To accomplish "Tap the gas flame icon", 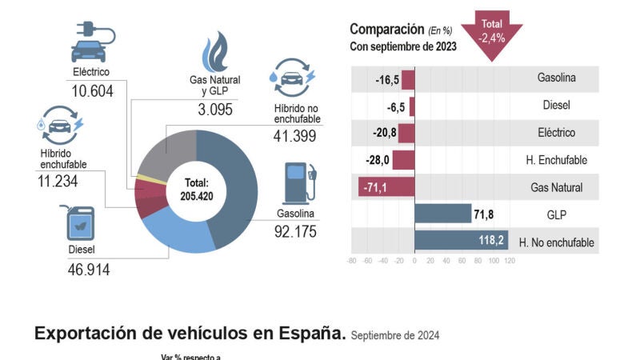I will (214, 51).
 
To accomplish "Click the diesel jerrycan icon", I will (81, 225).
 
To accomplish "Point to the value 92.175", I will (295, 232).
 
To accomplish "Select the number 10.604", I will (92, 91).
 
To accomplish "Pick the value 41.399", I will (295, 136).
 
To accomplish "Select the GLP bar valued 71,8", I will (442, 214).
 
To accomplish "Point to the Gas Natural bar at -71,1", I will (386, 187).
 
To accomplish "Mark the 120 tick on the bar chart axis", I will (510, 261).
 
